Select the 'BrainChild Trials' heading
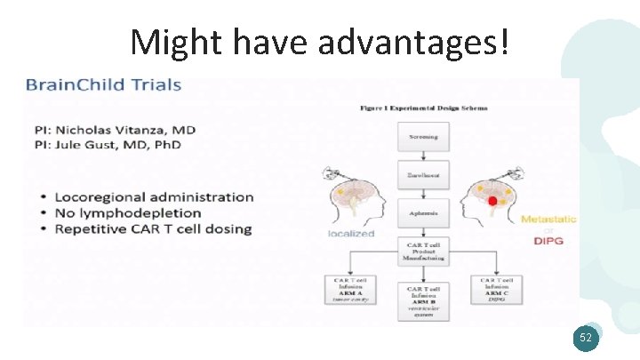[103, 86]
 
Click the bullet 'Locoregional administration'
[154, 196]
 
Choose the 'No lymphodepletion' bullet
[128, 212]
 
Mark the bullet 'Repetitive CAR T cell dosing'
[153, 228]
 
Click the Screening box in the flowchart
[423, 137]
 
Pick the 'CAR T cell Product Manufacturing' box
[424, 251]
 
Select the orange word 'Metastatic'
[548, 219]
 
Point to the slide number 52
[585, 339]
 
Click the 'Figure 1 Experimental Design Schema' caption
[423, 108]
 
